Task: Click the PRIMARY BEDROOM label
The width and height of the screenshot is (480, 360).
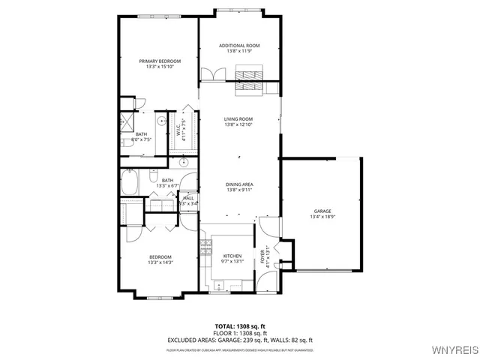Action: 160,61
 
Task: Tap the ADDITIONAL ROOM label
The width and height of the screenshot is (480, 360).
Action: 239,46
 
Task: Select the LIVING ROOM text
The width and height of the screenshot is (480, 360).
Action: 238,118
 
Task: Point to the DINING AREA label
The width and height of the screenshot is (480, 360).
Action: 238,184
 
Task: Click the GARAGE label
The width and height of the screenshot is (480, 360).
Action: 322,211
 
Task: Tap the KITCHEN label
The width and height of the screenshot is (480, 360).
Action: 232,256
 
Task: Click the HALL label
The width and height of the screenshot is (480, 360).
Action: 187,198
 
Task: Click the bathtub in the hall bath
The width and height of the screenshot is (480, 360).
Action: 133,183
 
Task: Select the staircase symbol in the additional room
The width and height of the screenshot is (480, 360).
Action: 247,80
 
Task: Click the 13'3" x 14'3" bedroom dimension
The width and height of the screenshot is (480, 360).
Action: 160,262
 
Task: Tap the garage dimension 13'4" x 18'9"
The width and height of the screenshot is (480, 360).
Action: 322,217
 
